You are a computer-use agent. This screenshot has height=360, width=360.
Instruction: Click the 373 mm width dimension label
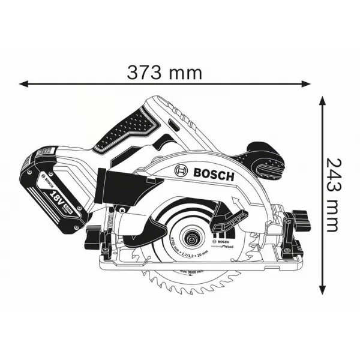(x=164, y=73)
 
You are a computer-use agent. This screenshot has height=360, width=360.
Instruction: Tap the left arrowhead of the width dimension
(x=23, y=83)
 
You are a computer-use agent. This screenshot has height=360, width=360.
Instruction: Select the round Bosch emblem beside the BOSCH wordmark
(x=181, y=172)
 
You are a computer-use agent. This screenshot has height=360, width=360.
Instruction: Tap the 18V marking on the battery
(x=55, y=196)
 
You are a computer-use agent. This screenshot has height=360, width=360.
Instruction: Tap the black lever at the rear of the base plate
(x=94, y=235)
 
